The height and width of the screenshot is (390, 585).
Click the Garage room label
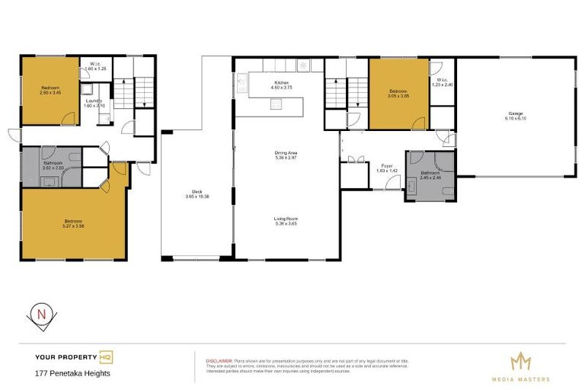516,114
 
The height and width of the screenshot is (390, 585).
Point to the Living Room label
286,219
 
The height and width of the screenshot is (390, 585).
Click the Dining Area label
286,153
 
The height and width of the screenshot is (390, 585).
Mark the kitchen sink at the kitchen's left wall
242,79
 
